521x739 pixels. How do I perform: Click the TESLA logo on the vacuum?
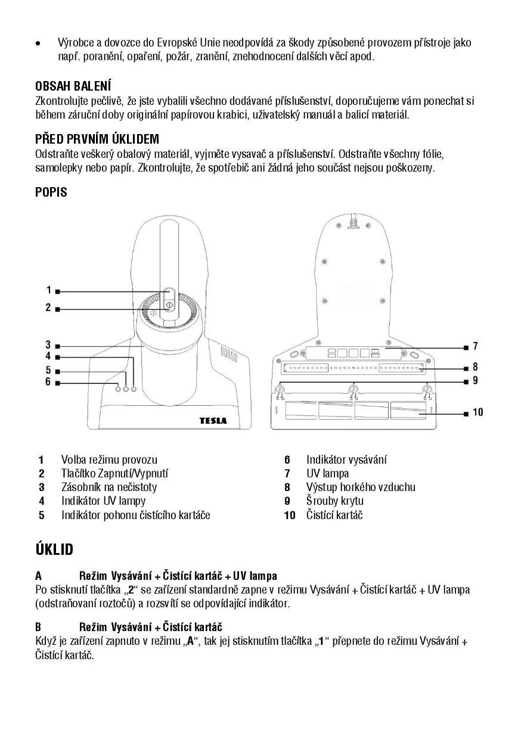(213, 420)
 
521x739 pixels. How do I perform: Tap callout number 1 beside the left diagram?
(49, 290)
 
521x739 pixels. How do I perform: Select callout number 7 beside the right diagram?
(475, 346)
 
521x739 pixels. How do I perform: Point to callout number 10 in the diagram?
(477, 412)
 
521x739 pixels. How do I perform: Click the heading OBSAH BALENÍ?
(73, 86)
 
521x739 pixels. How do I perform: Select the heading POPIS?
(51, 192)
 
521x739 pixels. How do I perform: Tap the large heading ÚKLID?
(54, 549)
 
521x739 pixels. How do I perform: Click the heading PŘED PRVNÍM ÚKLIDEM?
(97, 139)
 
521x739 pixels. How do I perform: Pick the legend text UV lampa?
(327, 473)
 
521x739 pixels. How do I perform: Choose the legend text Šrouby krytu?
(334, 501)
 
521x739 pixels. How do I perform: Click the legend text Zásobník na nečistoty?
(109, 487)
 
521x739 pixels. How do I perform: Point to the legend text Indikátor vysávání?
(346, 459)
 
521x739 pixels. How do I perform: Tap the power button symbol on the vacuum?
(169, 305)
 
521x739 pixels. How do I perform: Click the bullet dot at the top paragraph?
(38, 44)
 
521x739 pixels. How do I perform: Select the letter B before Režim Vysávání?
(38, 627)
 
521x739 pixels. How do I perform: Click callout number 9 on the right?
(475, 380)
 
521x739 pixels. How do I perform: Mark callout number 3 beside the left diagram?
(48, 344)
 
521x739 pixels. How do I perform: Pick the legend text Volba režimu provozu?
(109, 459)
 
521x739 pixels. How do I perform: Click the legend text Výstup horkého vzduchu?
(361, 487)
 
